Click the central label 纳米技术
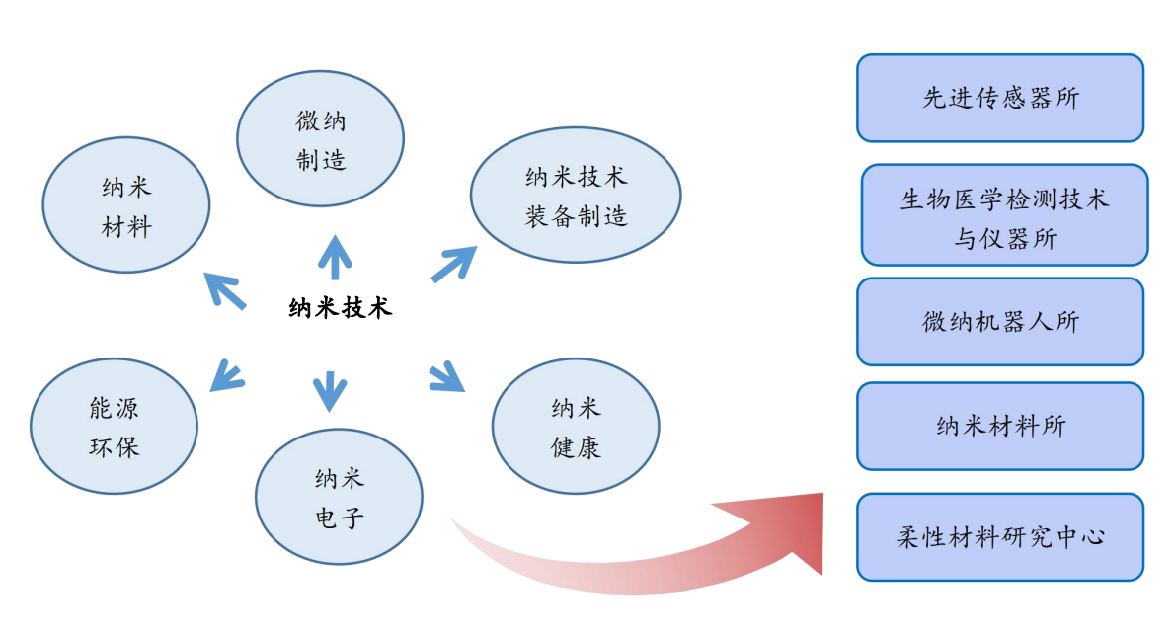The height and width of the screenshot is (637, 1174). point(340,308)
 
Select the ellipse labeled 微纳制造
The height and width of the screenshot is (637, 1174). point(321,138)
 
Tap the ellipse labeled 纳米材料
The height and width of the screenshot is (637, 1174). point(126,205)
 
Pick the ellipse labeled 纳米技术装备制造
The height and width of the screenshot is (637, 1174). point(576,195)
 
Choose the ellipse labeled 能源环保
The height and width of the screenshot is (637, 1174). point(115,426)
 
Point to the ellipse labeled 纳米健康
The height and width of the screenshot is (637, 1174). point(576,426)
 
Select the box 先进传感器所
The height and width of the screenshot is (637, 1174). point(999,98)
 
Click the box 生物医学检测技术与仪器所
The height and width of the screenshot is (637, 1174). point(1004,215)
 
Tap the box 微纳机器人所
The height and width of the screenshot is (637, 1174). point(999,321)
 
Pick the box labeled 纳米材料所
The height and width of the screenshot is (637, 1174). point(999,426)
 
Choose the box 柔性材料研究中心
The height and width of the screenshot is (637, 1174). point(999,536)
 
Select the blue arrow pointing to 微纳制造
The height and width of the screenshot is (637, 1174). point(335,258)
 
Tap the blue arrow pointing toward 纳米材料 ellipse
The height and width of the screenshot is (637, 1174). point(224,290)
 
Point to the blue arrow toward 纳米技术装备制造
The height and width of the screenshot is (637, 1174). point(453,264)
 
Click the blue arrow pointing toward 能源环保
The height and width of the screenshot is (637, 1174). point(228,375)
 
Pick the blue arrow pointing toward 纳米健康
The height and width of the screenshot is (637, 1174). point(447,376)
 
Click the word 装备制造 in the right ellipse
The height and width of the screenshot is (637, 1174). point(576,216)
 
